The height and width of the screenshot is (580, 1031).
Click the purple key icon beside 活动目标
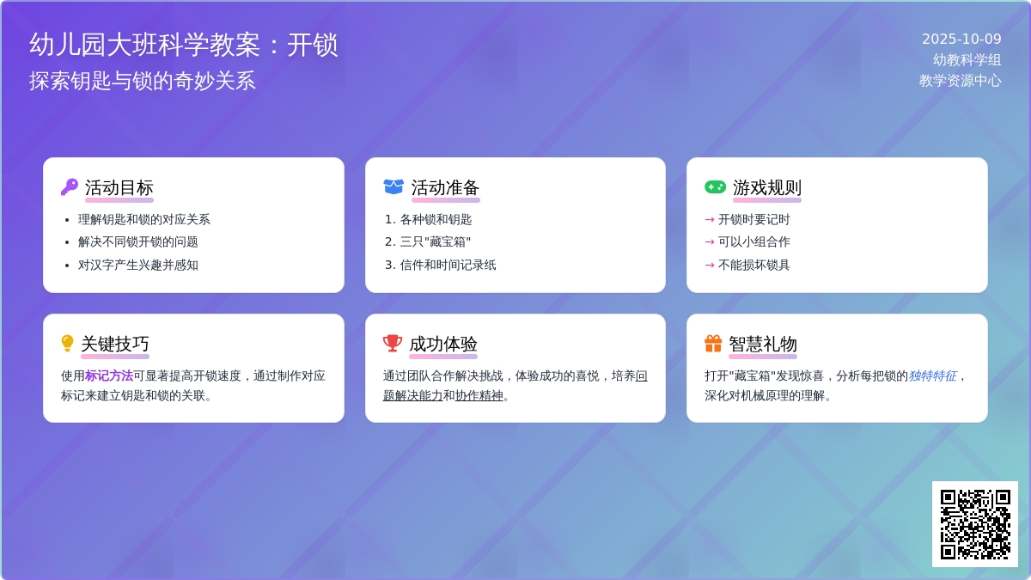(x=70, y=186)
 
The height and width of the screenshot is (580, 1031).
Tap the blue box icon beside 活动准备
(x=393, y=186)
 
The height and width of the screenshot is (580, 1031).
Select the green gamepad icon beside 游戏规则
(x=715, y=186)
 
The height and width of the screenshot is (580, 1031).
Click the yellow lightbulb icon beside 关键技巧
(x=68, y=344)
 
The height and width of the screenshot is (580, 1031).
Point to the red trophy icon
(x=393, y=344)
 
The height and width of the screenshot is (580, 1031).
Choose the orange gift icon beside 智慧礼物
(x=713, y=344)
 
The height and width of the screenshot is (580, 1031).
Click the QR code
(x=975, y=524)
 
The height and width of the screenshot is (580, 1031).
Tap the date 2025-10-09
(x=961, y=40)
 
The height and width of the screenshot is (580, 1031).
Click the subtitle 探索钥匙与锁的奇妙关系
(x=143, y=81)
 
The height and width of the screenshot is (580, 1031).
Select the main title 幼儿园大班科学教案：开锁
(x=184, y=45)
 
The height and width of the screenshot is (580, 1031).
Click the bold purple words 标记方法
(x=109, y=375)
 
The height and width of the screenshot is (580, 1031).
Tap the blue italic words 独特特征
(x=932, y=375)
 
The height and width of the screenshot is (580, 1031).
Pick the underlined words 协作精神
(x=479, y=396)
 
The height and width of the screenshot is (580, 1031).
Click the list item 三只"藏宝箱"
(x=436, y=242)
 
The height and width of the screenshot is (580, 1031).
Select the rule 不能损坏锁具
(x=753, y=265)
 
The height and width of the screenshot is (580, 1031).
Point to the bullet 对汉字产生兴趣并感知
(x=138, y=265)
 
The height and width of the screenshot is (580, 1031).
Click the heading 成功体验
(x=443, y=344)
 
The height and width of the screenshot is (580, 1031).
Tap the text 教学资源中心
(x=960, y=81)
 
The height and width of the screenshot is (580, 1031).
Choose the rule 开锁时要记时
(x=753, y=219)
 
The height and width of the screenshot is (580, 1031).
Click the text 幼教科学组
(x=967, y=60)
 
